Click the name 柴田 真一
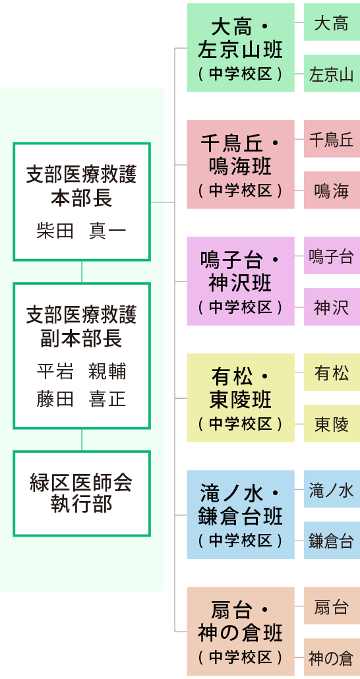click(x=82, y=231)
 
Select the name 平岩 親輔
click(x=82, y=372)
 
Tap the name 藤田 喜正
click(x=82, y=398)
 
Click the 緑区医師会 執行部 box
click(x=82, y=493)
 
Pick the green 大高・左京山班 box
click(x=241, y=47)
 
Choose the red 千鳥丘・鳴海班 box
click(x=241, y=164)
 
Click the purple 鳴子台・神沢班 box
click(x=241, y=281)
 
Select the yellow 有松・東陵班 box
click(x=241, y=398)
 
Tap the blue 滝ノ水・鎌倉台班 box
click(x=241, y=514)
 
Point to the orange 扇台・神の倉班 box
click(x=241, y=631)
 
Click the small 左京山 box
click(x=332, y=74)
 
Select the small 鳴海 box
click(x=332, y=190)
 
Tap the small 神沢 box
click(x=332, y=307)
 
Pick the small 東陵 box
click(x=332, y=423)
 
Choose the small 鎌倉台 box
click(x=332, y=540)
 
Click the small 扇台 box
click(x=332, y=605)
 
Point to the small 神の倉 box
click(x=332, y=657)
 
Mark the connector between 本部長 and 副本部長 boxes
click(x=82, y=272)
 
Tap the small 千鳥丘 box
click(x=332, y=138)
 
